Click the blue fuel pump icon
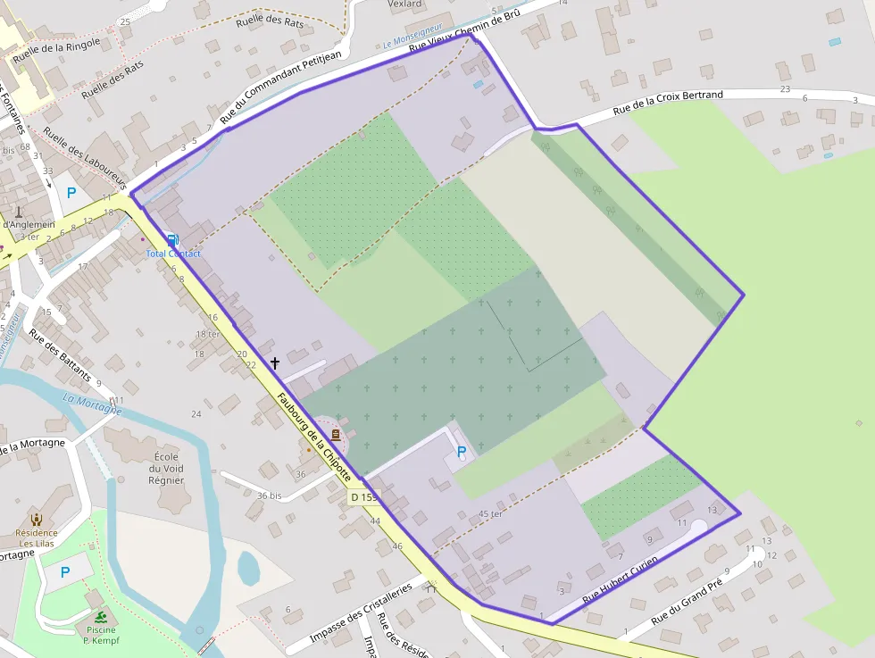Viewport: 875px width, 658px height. click(x=172, y=239)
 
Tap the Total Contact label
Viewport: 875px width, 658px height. click(x=173, y=254)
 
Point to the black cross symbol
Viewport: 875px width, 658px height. click(x=274, y=362)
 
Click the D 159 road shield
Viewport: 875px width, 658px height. click(x=363, y=496)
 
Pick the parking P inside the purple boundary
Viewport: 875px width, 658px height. click(x=462, y=453)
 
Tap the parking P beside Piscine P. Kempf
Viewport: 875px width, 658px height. click(x=65, y=571)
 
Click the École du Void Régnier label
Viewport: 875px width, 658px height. click(x=167, y=468)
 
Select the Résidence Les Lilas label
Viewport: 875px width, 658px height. click(x=37, y=538)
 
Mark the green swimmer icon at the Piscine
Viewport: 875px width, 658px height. click(x=103, y=618)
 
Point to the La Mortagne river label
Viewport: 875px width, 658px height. click(x=92, y=404)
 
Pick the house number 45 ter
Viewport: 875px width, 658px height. click(x=490, y=514)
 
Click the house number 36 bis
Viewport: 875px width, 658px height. click(x=269, y=496)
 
